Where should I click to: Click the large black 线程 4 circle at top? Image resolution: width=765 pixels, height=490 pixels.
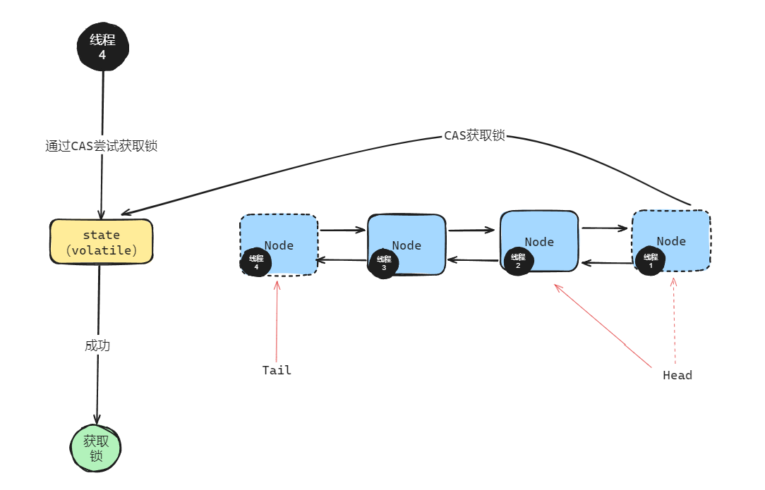(x=103, y=47)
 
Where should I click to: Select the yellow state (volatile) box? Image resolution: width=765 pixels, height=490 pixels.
(x=102, y=242)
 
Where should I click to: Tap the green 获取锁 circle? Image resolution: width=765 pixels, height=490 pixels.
(x=97, y=448)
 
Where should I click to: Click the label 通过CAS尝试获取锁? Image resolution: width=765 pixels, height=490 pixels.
(x=101, y=147)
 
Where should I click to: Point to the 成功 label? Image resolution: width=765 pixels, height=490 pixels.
(x=97, y=346)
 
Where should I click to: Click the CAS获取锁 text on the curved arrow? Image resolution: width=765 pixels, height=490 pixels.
(x=474, y=136)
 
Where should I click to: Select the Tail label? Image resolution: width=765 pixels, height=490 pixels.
(x=277, y=370)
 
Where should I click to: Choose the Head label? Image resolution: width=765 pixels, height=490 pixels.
(x=677, y=375)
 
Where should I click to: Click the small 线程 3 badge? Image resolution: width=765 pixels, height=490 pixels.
(x=383, y=263)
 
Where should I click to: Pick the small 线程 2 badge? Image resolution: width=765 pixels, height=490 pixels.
(x=519, y=261)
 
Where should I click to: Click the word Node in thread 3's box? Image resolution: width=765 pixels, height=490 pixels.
(x=406, y=245)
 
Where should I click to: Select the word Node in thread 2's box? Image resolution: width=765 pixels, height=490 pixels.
(x=539, y=242)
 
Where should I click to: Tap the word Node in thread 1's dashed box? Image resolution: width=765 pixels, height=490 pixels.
(x=671, y=241)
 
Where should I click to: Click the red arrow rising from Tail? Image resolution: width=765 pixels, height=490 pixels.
(x=277, y=321)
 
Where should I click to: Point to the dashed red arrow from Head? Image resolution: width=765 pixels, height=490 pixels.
(x=675, y=321)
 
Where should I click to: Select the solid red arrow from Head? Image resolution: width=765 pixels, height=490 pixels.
(x=603, y=326)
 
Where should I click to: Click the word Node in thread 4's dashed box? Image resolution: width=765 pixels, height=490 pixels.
(x=279, y=245)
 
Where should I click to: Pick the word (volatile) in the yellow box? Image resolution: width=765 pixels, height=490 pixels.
(x=102, y=250)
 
